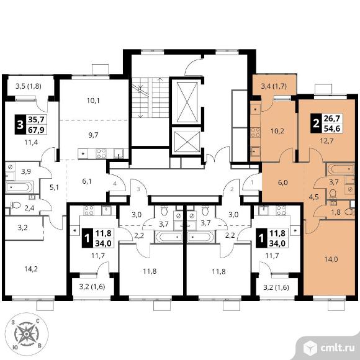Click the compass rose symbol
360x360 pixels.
pos(27,333)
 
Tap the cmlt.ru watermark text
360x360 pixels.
pos(338,348)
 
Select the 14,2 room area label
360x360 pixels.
pos(31,269)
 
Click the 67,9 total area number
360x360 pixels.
pos(36,130)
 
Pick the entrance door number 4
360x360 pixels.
pos(115,184)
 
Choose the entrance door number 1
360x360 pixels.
pos(252,182)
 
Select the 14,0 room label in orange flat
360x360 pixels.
pos(331,259)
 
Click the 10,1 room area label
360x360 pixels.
pos(93,101)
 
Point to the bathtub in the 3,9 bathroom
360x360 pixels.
pos(19,187)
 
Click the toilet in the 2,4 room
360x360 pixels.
pos(16,205)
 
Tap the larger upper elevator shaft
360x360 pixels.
pos(187,101)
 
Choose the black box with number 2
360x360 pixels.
pos(316,124)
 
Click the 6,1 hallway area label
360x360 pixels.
pos(86,181)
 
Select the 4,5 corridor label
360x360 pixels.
pos(313,197)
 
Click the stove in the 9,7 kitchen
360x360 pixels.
pos(101,153)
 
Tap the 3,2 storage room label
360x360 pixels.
pos(22,228)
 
